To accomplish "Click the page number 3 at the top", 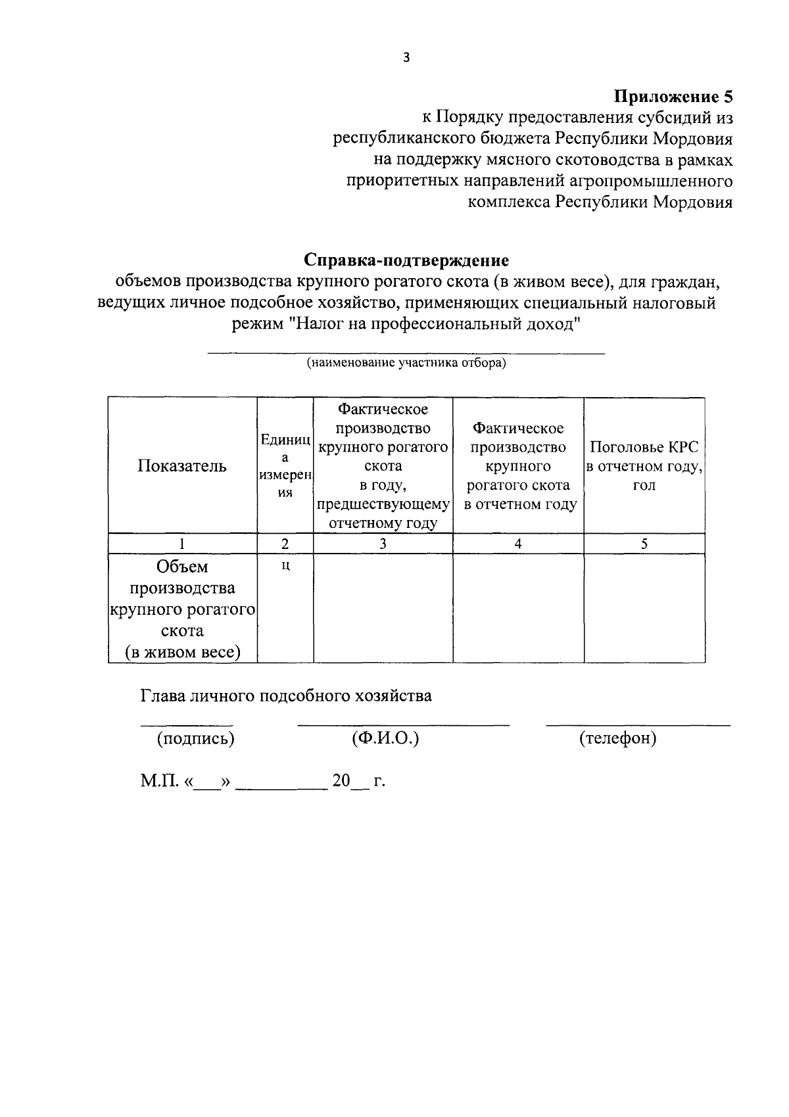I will [x=406, y=58].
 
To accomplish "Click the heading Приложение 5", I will [x=673, y=97].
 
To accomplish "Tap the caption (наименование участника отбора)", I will [x=406, y=363].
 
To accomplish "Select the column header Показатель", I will [x=182, y=466].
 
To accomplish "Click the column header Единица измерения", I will [x=285, y=465].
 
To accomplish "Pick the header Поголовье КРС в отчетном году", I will [x=644, y=466].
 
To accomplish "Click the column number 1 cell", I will [x=182, y=544].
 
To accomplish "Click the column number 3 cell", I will [x=383, y=544].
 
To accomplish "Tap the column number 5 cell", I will [x=644, y=544].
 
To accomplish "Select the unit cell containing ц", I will [x=285, y=566].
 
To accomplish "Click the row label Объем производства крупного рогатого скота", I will [x=182, y=609].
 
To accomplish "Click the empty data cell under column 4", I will [x=518, y=608].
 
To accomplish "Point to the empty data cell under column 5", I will [x=644, y=608].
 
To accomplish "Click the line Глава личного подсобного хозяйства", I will [x=286, y=696].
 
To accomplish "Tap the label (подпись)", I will [x=195, y=738].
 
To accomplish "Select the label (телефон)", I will [x=617, y=738].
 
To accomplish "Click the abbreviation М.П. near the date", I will [x=158, y=781].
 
